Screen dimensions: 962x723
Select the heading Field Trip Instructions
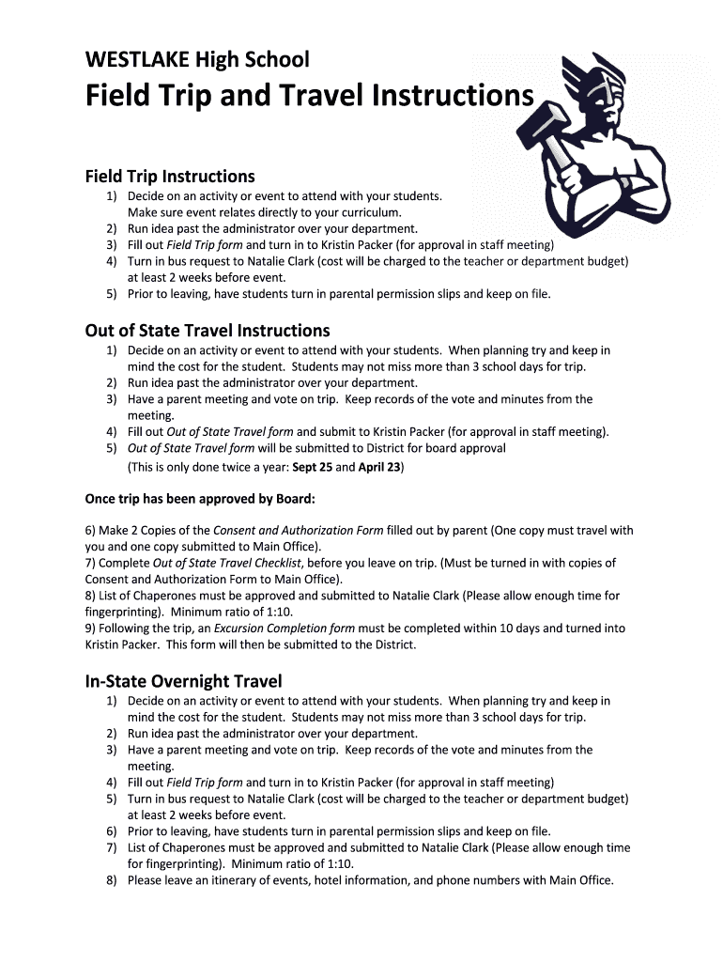click(170, 177)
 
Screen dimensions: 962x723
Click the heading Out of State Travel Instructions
click(208, 331)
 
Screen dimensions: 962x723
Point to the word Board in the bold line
click(291, 498)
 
